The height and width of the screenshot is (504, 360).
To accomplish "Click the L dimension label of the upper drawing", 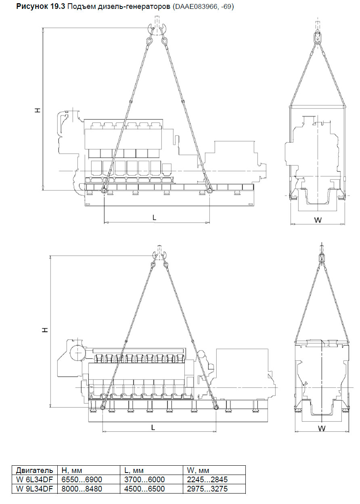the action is tap(154, 218).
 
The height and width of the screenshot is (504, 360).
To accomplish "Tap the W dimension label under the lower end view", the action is tap(322, 428).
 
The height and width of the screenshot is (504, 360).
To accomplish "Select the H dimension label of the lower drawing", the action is tap(46, 330).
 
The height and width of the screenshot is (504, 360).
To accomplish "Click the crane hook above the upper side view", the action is tap(157, 29).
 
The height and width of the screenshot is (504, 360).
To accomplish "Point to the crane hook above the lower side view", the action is tap(159, 255).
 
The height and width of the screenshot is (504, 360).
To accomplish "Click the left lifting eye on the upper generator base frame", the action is tap(104, 191).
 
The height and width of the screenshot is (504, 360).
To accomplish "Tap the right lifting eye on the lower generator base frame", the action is tap(216, 407).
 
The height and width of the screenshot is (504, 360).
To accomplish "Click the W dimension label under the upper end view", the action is tap(318, 220).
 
